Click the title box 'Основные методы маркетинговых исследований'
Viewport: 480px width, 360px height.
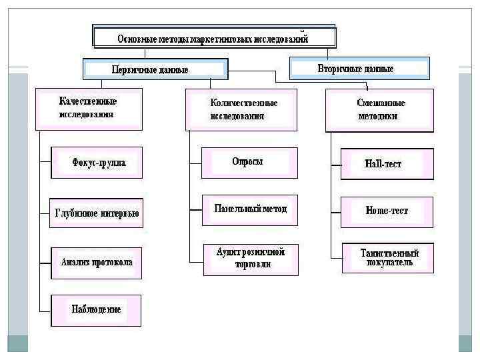click(x=213, y=38)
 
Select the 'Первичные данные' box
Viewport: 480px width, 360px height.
click(x=155, y=69)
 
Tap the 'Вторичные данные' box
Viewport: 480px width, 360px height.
click(x=359, y=69)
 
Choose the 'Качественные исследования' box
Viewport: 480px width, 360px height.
click(x=89, y=108)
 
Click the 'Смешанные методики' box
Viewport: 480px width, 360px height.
click(x=379, y=109)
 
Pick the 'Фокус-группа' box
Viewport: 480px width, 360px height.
click(x=97, y=162)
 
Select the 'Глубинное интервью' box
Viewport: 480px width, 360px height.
click(x=97, y=213)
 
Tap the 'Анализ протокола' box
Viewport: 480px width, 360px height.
click(x=97, y=262)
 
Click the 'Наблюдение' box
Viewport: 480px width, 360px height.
click(x=97, y=310)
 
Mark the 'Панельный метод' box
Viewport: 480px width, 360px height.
click(x=249, y=209)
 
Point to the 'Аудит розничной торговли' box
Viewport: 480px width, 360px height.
click(x=251, y=258)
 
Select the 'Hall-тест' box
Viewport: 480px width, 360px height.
click(x=387, y=163)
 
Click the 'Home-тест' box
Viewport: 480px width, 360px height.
click(x=387, y=211)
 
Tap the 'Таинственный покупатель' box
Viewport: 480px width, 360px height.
click(x=387, y=258)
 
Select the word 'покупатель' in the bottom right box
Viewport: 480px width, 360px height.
click(x=389, y=263)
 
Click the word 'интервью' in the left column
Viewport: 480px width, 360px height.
click(x=119, y=214)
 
